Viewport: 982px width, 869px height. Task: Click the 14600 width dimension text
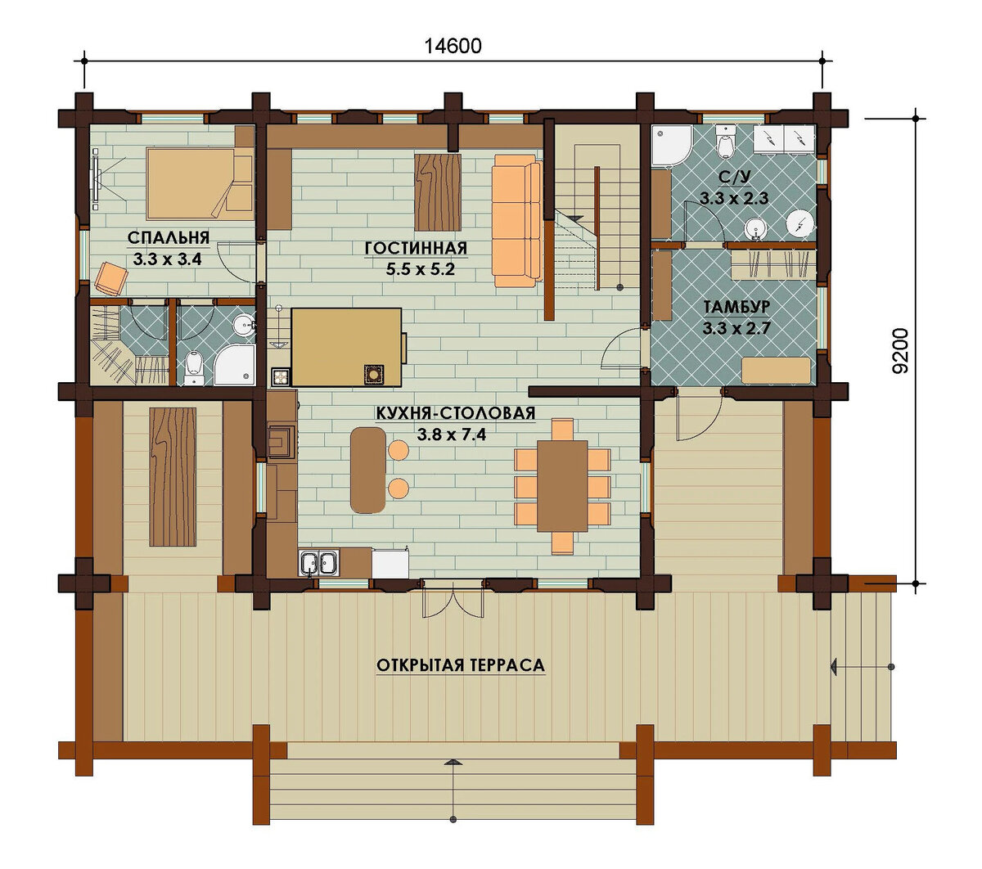(x=453, y=46)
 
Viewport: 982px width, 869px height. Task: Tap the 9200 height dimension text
(x=900, y=351)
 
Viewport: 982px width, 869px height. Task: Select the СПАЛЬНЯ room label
(x=169, y=238)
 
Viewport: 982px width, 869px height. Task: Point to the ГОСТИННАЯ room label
(x=416, y=248)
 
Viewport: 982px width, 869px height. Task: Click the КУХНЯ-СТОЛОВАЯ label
(x=456, y=413)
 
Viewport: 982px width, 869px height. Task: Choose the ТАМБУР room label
(x=736, y=307)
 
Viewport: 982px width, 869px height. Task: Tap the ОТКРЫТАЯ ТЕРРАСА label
(x=461, y=665)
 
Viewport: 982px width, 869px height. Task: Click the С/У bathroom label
(x=734, y=178)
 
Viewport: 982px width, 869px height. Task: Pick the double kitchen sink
(x=319, y=563)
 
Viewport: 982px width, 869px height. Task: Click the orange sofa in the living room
(x=516, y=221)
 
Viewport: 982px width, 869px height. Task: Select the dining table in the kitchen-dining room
(x=562, y=485)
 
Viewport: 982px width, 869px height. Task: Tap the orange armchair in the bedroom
(x=111, y=278)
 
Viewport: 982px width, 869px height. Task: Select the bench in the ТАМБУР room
(x=776, y=371)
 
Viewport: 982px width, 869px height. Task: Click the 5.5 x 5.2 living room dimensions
(x=421, y=269)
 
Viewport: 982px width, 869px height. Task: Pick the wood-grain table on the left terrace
(x=173, y=477)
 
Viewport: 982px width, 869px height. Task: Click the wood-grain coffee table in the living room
(x=437, y=192)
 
